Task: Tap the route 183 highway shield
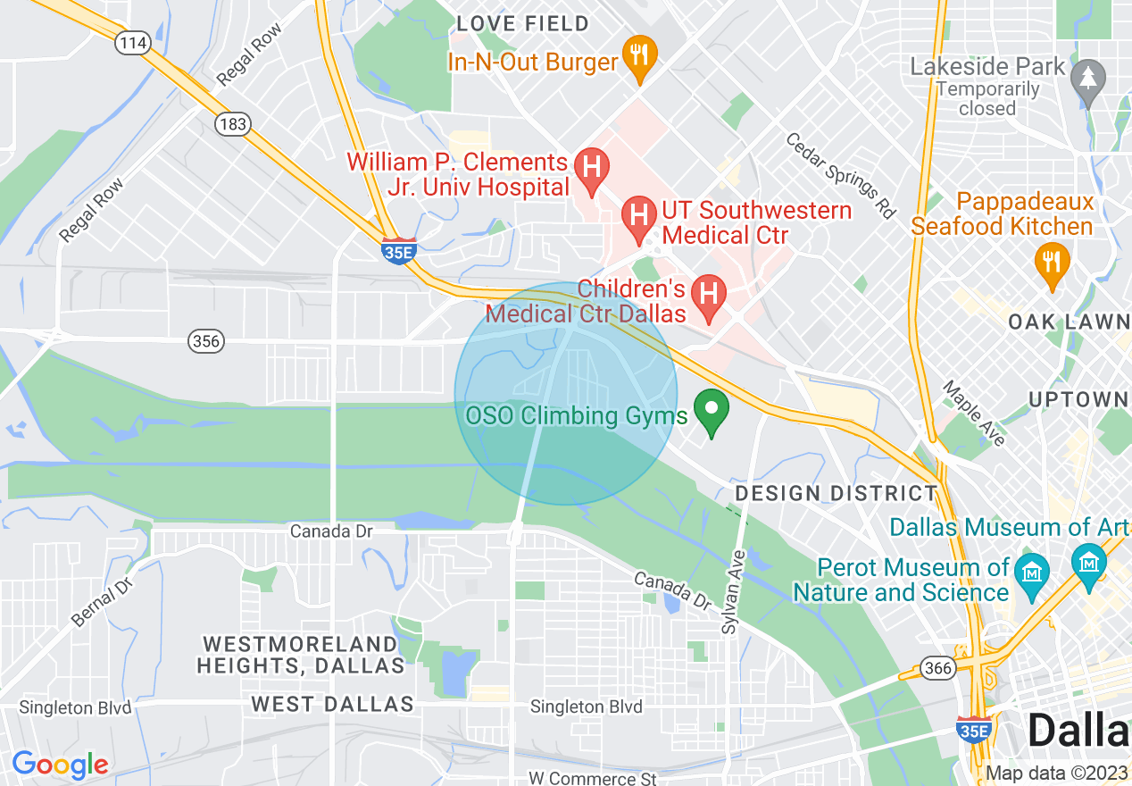pyautogui.click(x=233, y=124)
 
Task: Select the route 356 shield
pyautogui.click(x=206, y=340)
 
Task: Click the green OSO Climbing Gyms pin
pyautogui.click(x=712, y=412)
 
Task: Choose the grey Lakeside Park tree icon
pyautogui.click(x=1087, y=80)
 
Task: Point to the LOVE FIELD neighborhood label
pyautogui.click(x=523, y=23)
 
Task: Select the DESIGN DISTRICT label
pyautogui.click(x=836, y=493)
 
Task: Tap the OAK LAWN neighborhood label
pyautogui.click(x=1069, y=322)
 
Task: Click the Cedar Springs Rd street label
pyautogui.click(x=840, y=175)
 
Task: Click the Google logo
pyautogui.click(x=60, y=765)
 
